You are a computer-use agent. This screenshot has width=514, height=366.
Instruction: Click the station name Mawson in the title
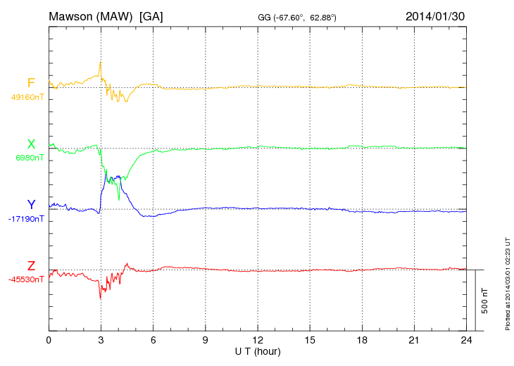71,16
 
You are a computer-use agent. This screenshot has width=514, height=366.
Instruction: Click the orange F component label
31,83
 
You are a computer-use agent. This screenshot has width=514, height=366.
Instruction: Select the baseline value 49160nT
27,97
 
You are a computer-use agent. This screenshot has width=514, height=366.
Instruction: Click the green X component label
31,144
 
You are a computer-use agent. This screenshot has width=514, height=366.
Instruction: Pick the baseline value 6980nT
29,158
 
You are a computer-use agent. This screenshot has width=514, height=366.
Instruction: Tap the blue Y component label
31,205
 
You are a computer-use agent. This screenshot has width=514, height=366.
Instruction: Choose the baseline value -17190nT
27,219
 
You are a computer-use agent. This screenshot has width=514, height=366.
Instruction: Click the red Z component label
31,266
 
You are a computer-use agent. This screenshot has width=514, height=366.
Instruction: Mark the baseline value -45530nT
27,279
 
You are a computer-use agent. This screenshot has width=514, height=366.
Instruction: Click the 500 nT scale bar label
485,301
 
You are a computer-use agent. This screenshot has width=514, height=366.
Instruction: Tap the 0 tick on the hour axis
49,341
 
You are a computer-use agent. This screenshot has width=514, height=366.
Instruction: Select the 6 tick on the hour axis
153,341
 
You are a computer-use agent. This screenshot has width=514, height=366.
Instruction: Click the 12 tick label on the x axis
258,341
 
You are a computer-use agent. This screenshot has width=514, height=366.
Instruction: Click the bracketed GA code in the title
151,16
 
